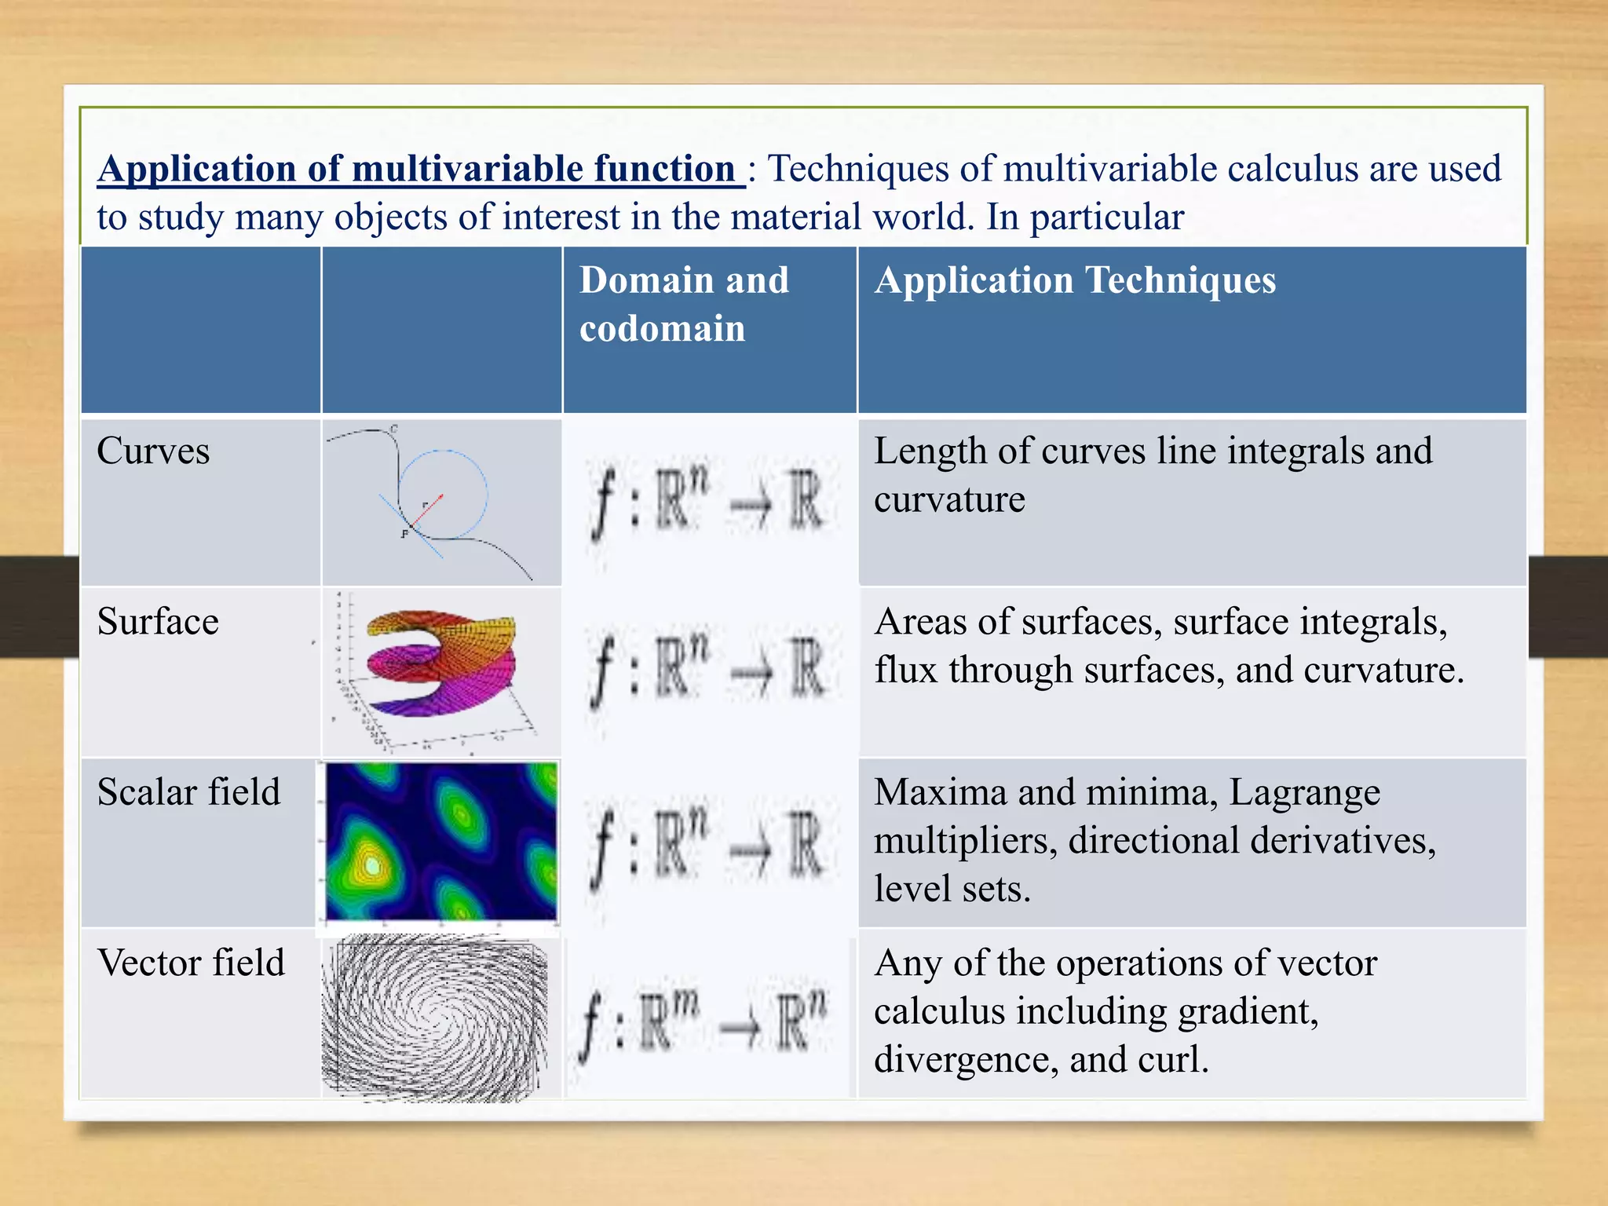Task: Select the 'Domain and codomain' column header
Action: (683, 304)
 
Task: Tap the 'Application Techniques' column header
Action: (1074, 280)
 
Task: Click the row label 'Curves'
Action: (153, 451)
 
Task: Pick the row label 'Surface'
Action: (158, 622)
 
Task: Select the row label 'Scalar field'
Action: (188, 792)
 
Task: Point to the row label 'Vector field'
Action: (191, 963)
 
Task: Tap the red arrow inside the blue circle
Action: (428, 510)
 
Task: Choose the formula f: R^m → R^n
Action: (703, 1021)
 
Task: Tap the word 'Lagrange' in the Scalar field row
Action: (1304, 793)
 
